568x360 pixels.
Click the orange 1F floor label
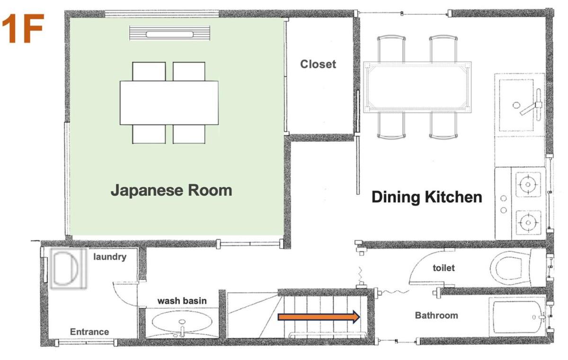click(23, 29)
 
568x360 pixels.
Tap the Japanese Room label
click(171, 191)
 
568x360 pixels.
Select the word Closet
click(318, 64)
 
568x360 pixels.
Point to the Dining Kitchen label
click(427, 198)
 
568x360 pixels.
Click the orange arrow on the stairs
click(319, 317)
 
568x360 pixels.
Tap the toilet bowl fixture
click(517, 268)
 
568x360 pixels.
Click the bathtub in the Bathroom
click(517, 316)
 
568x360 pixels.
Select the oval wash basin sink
click(182, 322)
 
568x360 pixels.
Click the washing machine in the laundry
click(69, 269)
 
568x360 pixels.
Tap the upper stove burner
click(528, 184)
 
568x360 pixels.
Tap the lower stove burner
click(528, 223)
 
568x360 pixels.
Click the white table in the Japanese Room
click(169, 103)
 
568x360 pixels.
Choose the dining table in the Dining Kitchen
click(417, 87)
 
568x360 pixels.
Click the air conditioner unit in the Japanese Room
click(169, 33)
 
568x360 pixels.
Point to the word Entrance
click(89, 332)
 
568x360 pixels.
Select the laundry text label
click(110, 257)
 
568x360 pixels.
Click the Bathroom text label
click(436, 315)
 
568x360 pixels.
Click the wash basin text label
click(182, 301)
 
